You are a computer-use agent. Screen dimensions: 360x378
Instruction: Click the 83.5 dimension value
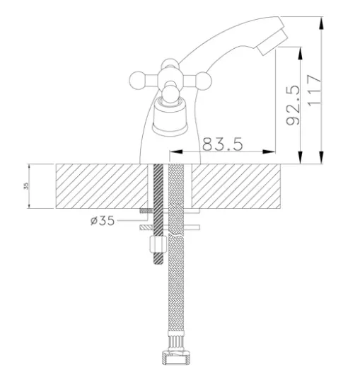223,144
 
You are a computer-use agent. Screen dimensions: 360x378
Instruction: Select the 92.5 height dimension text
293,105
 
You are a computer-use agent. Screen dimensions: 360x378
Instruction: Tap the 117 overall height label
315,90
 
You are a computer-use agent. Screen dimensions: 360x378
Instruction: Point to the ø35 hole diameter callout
103,220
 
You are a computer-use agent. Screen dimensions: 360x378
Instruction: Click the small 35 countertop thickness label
26,186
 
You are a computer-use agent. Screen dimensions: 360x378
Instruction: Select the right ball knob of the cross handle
204,80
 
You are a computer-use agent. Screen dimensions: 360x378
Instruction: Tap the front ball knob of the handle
170,95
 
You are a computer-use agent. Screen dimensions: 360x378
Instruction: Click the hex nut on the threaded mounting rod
158,244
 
